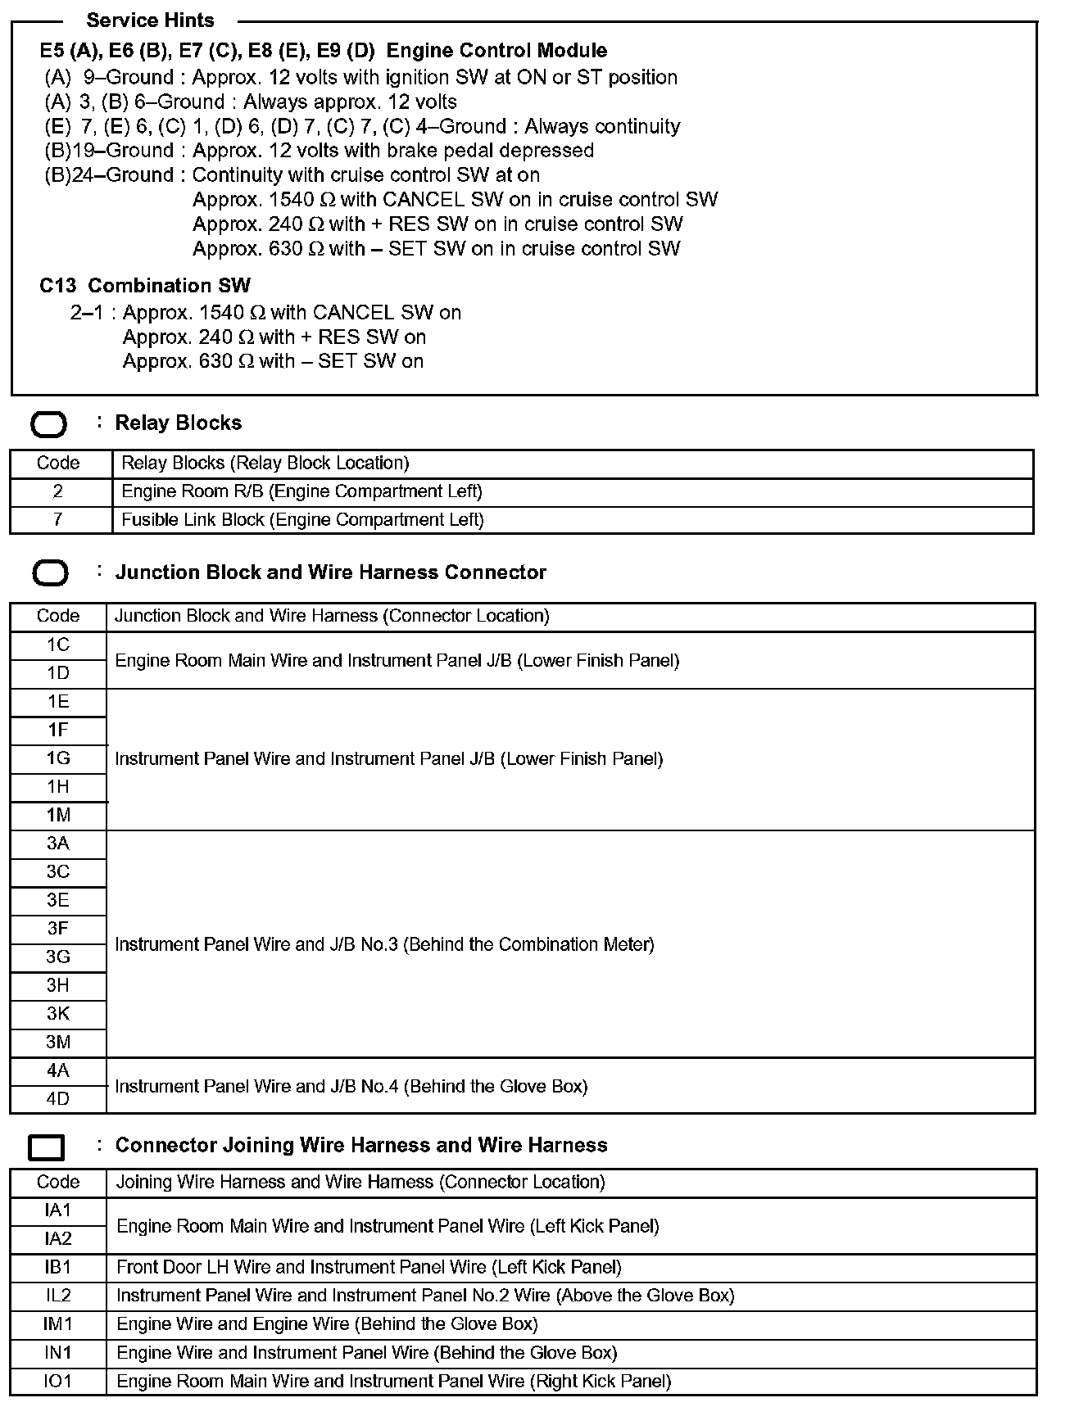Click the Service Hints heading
click(x=150, y=20)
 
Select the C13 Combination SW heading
click(x=145, y=286)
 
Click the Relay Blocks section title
click(x=178, y=423)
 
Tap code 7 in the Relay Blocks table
click(x=58, y=520)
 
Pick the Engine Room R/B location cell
click(x=301, y=491)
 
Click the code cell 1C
click(x=58, y=645)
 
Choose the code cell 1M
click(x=58, y=816)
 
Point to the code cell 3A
click(x=58, y=844)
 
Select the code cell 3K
click(x=58, y=1014)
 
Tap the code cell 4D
click(x=58, y=1099)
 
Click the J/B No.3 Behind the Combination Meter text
click(x=384, y=944)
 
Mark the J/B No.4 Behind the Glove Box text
click(x=351, y=1087)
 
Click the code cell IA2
click(x=58, y=1239)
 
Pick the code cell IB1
click(x=58, y=1268)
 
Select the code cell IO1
click(x=58, y=1382)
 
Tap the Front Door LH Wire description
click(x=369, y=1268)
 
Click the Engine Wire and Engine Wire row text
click(x=327, y=1324)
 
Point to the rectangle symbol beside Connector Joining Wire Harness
click(x=47, y=1147)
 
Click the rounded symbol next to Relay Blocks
click(x=48, y=425)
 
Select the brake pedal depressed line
click(x=319, y=151)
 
